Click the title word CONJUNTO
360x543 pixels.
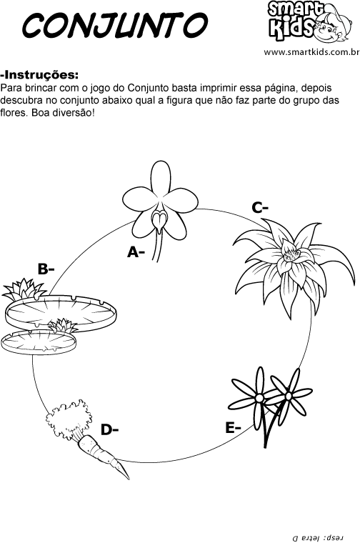click(x=115, y=25)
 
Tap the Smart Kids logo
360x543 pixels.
click(x=310, y=21)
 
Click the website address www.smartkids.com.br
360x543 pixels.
click(x=311, y=52)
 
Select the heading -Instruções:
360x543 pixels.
click(x=39, y=75)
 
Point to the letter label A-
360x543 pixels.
click(x=136, y=252)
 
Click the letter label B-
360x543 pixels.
click(x=46, y=269)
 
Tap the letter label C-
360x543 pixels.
click(x=260, y=208)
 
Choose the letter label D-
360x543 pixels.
click(x=110, y=430)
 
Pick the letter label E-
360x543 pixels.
click(x=233, y=428)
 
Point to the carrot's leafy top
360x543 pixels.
click(x=69, y=419)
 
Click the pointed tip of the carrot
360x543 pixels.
click(x=128, y=478)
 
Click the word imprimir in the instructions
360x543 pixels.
click(x=214, y=88)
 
